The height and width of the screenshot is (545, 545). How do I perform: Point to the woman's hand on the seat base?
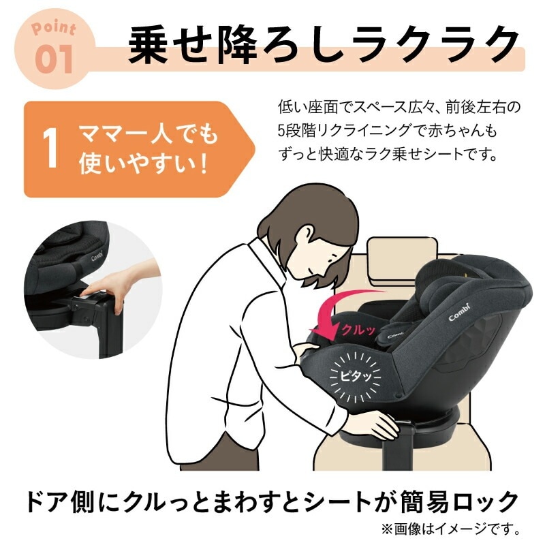pos(378,426)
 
